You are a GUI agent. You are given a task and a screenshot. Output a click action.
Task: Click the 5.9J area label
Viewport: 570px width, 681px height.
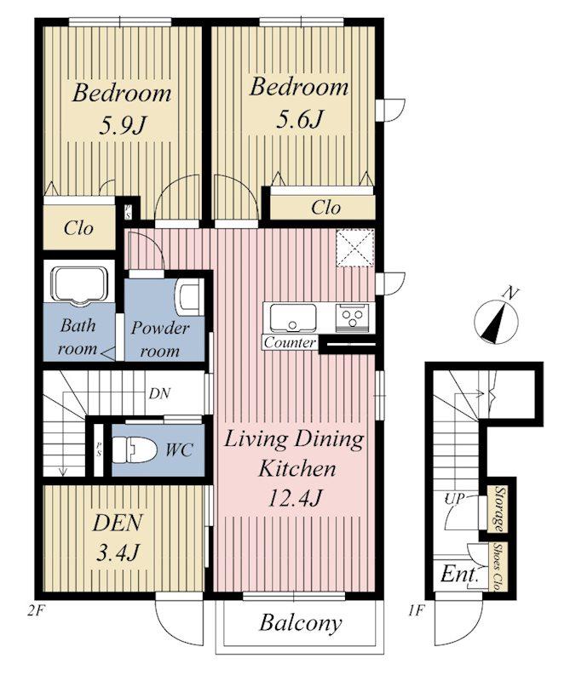121,124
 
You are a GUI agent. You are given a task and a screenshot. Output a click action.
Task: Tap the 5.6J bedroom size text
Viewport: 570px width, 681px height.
300,118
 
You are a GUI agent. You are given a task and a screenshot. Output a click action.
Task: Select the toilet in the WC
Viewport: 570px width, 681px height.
134,450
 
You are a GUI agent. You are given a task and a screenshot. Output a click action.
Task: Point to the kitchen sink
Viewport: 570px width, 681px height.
292,318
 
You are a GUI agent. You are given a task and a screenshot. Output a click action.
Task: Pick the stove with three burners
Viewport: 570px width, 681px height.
352,318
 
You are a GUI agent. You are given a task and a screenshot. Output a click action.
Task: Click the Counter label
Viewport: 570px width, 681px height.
290,342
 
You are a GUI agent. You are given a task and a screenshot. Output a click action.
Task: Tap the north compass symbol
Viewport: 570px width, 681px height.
496,319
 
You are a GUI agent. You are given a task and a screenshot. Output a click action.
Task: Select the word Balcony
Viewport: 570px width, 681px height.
300,623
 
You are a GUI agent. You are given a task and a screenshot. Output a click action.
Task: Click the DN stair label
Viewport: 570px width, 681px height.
159,393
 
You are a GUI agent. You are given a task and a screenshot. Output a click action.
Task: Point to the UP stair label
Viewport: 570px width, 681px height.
454,498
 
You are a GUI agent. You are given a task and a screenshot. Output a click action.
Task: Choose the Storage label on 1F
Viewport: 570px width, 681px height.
498,509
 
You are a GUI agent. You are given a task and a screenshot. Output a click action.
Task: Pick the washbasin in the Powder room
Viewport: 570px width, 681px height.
190,297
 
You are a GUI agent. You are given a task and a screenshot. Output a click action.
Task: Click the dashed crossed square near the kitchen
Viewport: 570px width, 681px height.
355,247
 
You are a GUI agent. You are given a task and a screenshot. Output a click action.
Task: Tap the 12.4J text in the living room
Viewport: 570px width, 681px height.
294,498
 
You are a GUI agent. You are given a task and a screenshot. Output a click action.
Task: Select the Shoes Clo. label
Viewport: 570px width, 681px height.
497,567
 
